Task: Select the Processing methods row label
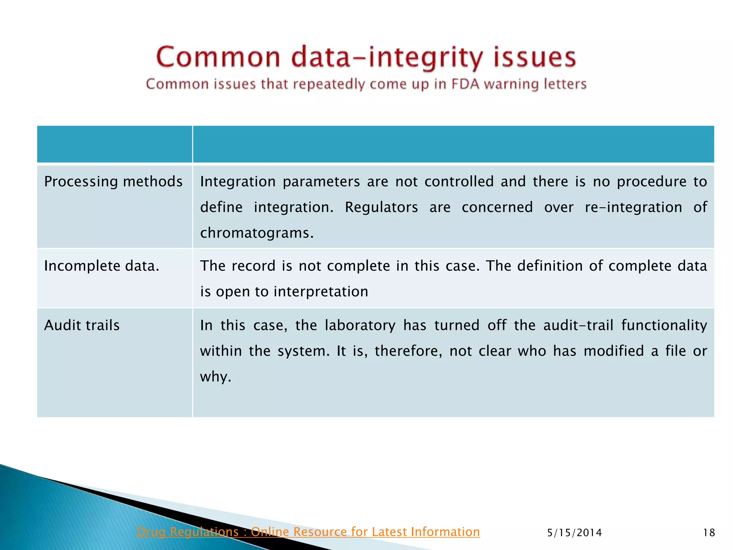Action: click(113, 182)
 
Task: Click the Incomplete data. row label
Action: click(102, 266)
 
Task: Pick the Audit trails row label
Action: click(82, 325)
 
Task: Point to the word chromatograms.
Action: click(257, 233)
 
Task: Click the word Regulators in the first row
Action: click(381, 207)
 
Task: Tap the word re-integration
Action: click(634, 207)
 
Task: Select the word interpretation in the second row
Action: click(321, 292)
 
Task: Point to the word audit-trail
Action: click(578, 325)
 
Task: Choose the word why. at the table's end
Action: click(215, 377)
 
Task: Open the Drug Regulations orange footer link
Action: click(308, 532)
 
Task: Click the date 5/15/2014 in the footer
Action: click(574, 533)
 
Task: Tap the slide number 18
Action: click(709, 533)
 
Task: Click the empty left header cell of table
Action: click(115, 144)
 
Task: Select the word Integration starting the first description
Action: click(238, 182)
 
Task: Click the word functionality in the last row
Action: click(664, 325)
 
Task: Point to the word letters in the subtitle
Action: click(565, 84)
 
